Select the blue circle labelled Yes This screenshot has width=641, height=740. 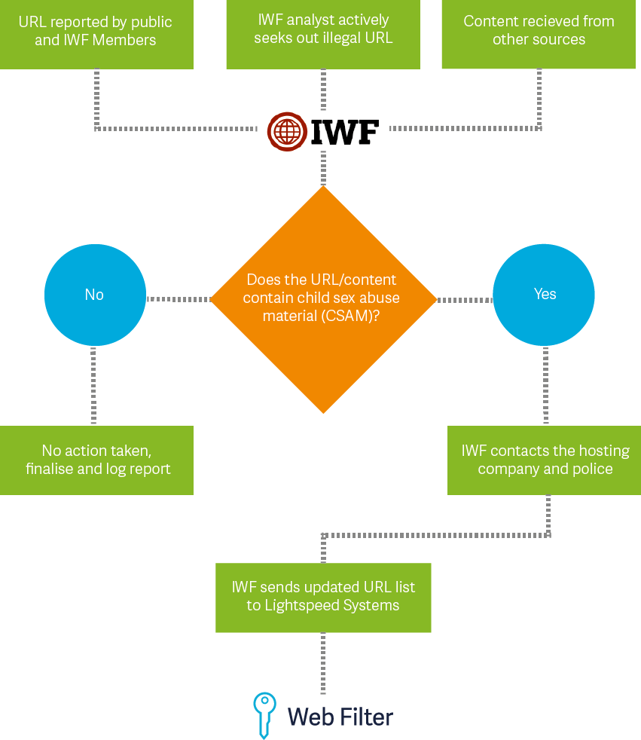pyautogui.click(x=544, y=295)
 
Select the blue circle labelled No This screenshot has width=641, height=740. pyautogui.click(x=95, y=295)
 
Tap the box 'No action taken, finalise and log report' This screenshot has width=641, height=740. pyautogui.click(x=96, y=460)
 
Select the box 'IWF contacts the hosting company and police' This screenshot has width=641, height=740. pyautogui.click(x=545, y=460)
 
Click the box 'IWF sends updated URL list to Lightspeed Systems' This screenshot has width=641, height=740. pyautogui.click(x=323, y=597)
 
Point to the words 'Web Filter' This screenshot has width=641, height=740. pyautogui.click(x=340, y=716)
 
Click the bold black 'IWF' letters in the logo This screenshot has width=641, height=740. pyautogui.click(x=345, y=132)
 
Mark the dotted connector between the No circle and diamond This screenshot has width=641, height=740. pyautogui.click(x=178, y=299)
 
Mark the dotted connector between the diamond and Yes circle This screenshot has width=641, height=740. pyautogui.click(x=464, y=300)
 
